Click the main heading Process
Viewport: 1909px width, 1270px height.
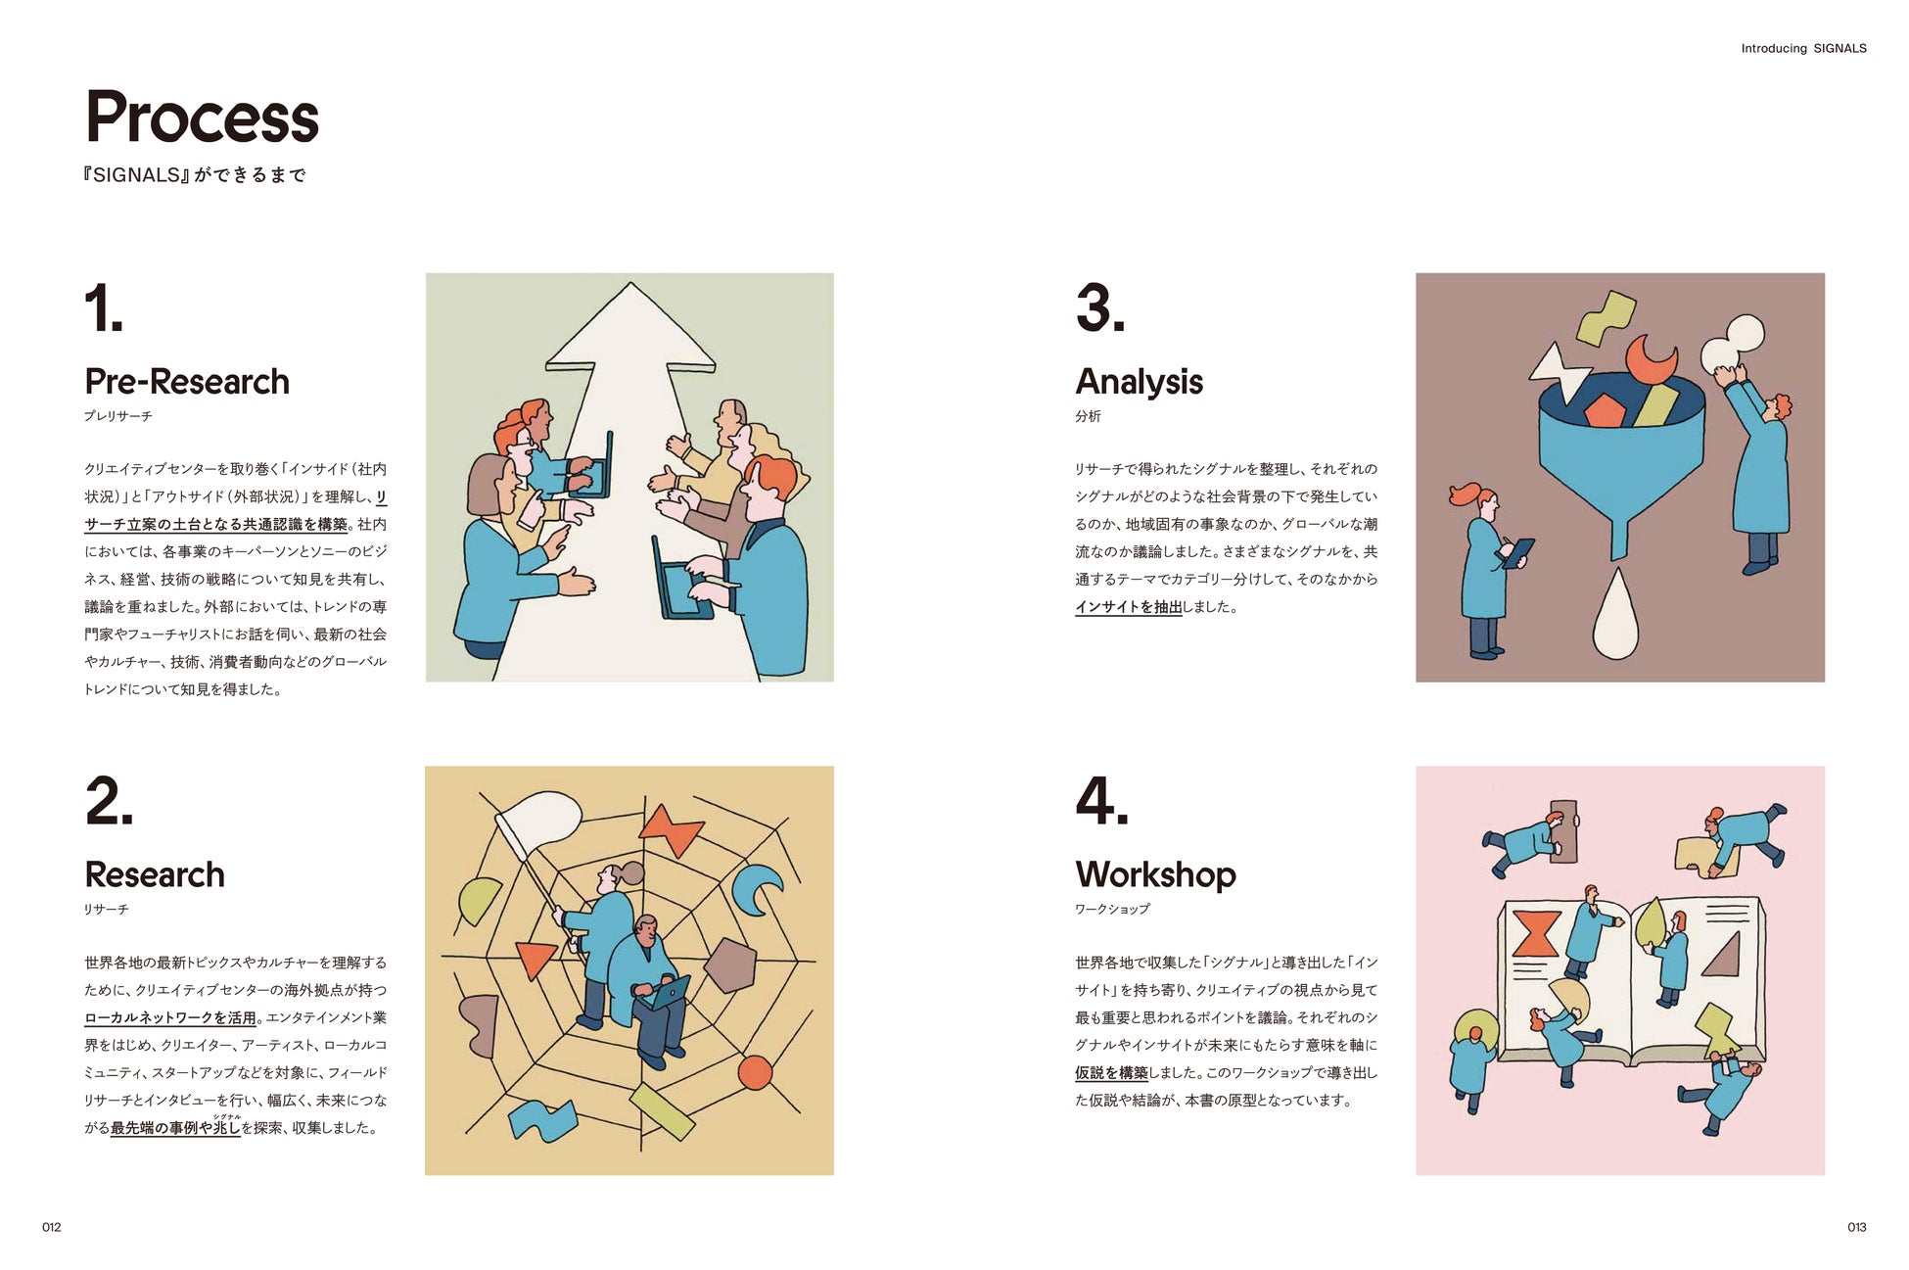(202, 118)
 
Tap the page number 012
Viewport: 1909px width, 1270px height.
(51, 1227)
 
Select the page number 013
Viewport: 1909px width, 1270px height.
(1856, 1227)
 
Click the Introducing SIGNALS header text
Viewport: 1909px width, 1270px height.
(1803, 48)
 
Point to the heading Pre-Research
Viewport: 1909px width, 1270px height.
(187, 382)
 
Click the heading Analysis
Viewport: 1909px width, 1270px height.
(1139, 382)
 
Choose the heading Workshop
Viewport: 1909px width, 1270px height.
(1155, 874)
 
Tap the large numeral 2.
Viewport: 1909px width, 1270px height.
(109, 801)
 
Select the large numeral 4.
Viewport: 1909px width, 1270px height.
(1101, 801)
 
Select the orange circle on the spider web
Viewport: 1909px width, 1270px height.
(755, 1073)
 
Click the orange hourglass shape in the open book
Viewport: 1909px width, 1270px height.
(1535, 932)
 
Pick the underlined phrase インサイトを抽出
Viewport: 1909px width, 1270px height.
(1129, 607)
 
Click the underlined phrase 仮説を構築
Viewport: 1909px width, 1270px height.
(1111, 1073)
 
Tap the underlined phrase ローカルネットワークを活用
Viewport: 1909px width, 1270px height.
(170, 1018)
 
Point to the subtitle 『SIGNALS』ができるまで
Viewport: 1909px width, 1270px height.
(195, 175)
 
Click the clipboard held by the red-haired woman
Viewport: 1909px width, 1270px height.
(1518, 553)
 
